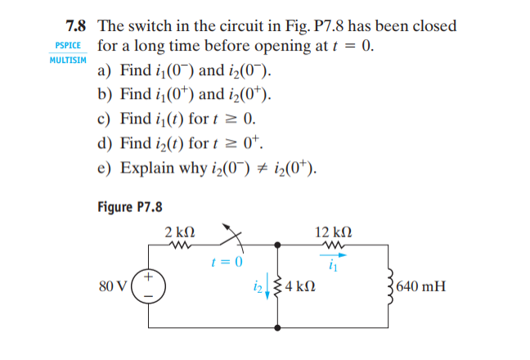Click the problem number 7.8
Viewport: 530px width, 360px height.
[78, 25]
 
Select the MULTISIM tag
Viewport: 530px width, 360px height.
[69, 61]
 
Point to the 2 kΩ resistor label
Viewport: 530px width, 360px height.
[178, 231]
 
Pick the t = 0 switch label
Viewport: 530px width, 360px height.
[226, 262]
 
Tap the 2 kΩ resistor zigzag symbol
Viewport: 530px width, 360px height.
[178, 245]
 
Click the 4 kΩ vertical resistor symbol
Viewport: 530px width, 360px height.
[281, 287]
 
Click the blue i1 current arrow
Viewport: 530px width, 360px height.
[332, 254]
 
